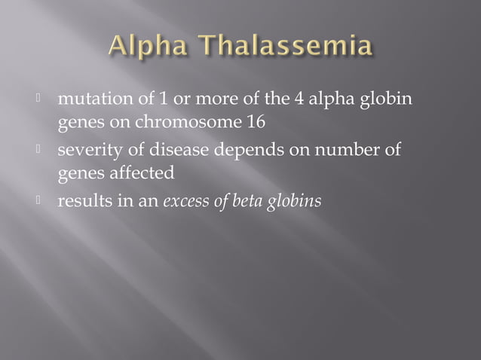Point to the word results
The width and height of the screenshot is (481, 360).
tap(84, 201)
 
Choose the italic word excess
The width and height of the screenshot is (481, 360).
tap(184, 201)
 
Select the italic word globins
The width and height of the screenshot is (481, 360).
tap(294, 201)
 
